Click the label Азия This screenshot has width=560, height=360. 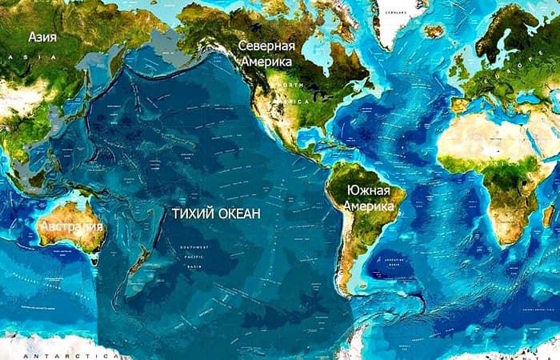click(42, 37)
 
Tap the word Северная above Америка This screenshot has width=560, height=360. click(266, 46)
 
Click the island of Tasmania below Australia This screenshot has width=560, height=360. click(94, 258)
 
